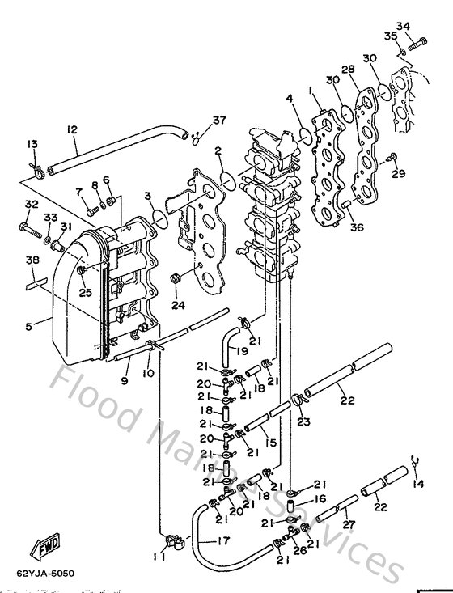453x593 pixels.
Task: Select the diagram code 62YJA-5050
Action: click(45, 574)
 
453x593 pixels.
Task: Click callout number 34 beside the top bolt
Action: click(425, 25)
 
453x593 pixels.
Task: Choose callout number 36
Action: click(357, 227)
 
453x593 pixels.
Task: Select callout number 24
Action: click(178, 305)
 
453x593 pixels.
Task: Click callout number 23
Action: click(303, 421)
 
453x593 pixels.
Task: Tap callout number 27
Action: click(349, 525)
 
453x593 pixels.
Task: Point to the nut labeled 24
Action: click(174, 280)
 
